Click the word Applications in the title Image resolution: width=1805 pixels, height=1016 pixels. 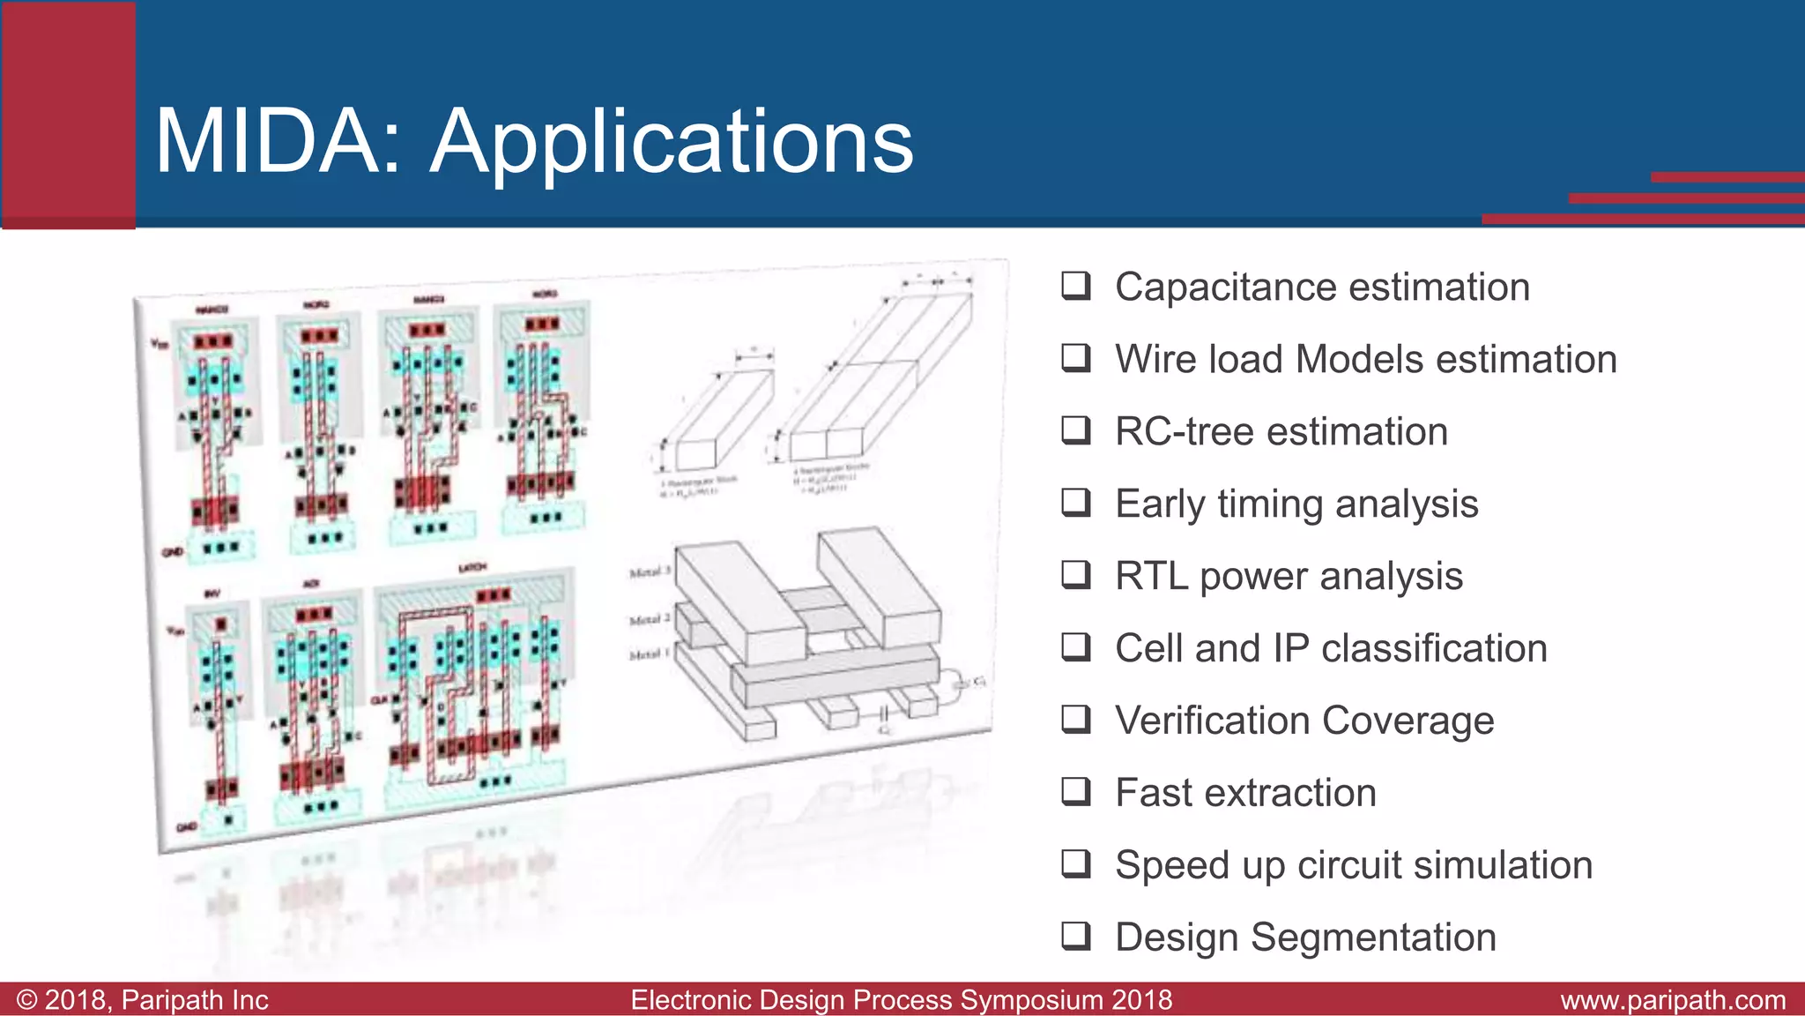(x=672, y=144)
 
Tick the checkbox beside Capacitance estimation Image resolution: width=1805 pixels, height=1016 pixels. (x=1075, y=286)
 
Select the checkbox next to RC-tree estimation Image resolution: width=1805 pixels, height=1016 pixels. (x=1075, y=430)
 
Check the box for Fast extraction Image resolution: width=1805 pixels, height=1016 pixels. (x=1075, y=791)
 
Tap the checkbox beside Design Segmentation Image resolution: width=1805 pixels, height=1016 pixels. (x=1075, y=936)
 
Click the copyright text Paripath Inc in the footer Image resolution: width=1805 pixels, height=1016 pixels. (x=194, y=1000)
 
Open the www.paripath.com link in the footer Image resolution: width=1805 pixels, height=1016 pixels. (x=1672, y=1000)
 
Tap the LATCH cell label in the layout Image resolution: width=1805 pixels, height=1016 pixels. (x=472, y=567)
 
